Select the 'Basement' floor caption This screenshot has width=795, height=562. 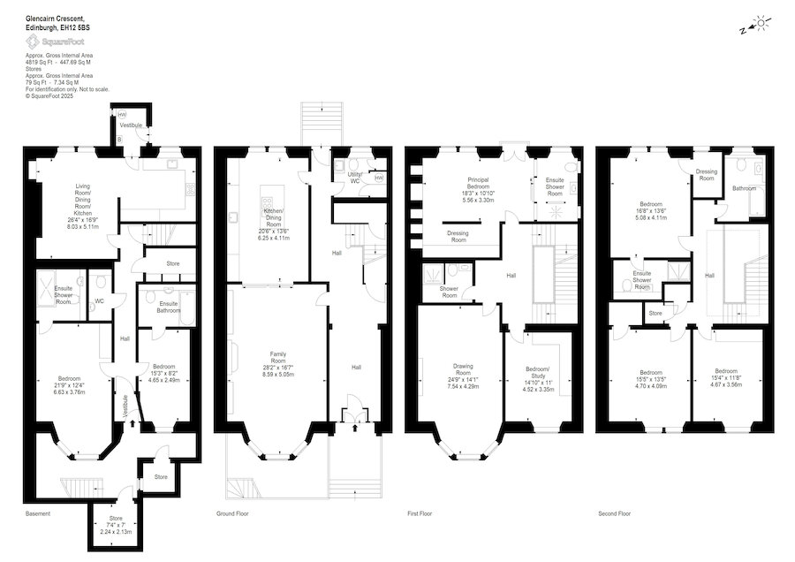coord(37,513)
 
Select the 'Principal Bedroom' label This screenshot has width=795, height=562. coord(478,183)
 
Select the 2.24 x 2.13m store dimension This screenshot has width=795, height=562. coord(116,532)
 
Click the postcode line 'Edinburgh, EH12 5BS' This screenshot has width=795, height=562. coord(57,28)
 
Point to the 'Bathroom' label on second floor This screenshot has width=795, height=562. coord(744,187)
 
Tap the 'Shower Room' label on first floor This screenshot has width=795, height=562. coord(449,292)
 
